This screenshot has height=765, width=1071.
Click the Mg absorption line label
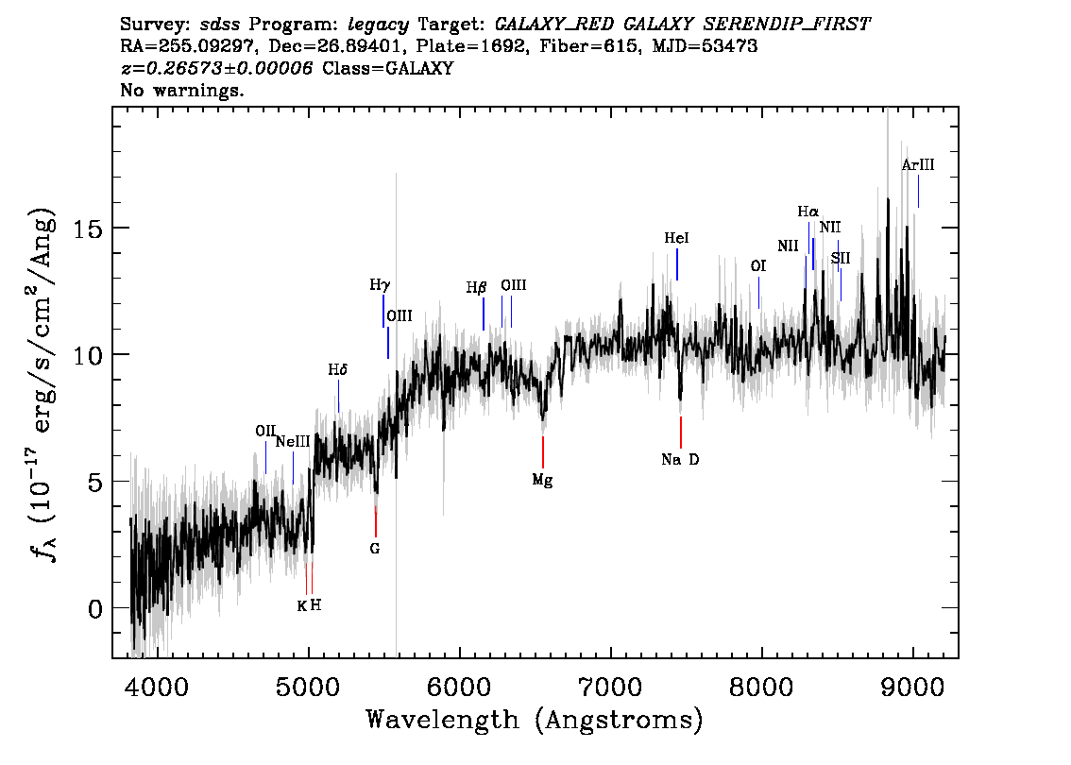pos(542,481)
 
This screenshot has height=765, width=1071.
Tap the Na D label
pos(680,460)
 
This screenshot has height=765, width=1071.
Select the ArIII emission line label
pos(918,164)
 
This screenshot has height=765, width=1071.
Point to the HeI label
pos(677,238)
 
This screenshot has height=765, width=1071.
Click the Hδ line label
pos(338,370)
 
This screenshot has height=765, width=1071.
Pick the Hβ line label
pos(476,287)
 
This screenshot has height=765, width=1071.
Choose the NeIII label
pos(293,442)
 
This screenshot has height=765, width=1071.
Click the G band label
pos(374,549)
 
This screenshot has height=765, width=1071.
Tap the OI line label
pos(758,265)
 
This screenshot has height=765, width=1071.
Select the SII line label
pos(841,258)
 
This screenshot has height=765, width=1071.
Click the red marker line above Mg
pos(543,452)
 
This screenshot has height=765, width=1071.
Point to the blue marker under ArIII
pos(918,191)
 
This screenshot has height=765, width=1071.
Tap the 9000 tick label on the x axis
pos(911,687)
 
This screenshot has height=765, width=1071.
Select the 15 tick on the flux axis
pos(88,229)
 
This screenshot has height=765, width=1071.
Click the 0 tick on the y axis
pos(95,608)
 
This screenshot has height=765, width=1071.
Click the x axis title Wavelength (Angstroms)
pos(535,721)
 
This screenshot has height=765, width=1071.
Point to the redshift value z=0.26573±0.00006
pos(216,68)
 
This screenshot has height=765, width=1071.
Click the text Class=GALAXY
pos(388,68)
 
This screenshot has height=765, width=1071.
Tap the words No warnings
pos(181,90)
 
